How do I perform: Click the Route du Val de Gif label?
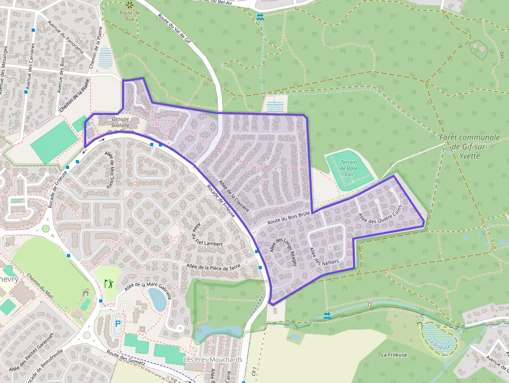pyautogui.click(x=176, y=26)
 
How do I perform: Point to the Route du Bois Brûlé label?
pyautogui.click(x=288, y=217)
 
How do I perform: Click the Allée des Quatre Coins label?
pyautogui.click(x=381, y=215)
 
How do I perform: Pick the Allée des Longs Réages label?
pyautogui.click(x=283, y=252)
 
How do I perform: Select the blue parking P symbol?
pyautogui.click(x=117, y=323)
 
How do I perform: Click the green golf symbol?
pyautogui.click(x=109, y=284)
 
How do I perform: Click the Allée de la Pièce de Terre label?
pyautogui.click(x=213, y=267)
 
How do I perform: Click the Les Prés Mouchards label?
pyautogui.click(x=213, y=360)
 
